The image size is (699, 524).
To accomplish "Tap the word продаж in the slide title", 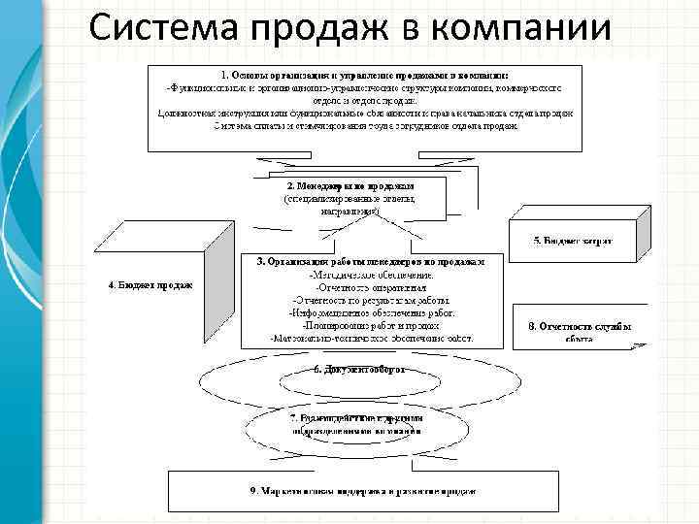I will [330, 26].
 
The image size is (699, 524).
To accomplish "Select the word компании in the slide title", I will [521, 26].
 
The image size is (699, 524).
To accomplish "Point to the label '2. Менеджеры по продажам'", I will [350, 184].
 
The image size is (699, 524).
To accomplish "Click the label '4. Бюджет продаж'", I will [150, 284].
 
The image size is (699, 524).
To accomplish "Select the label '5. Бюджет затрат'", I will [568, 238].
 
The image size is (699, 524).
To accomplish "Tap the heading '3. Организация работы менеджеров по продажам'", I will [370, 261].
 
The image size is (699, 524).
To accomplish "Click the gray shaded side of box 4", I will [217, 281].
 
